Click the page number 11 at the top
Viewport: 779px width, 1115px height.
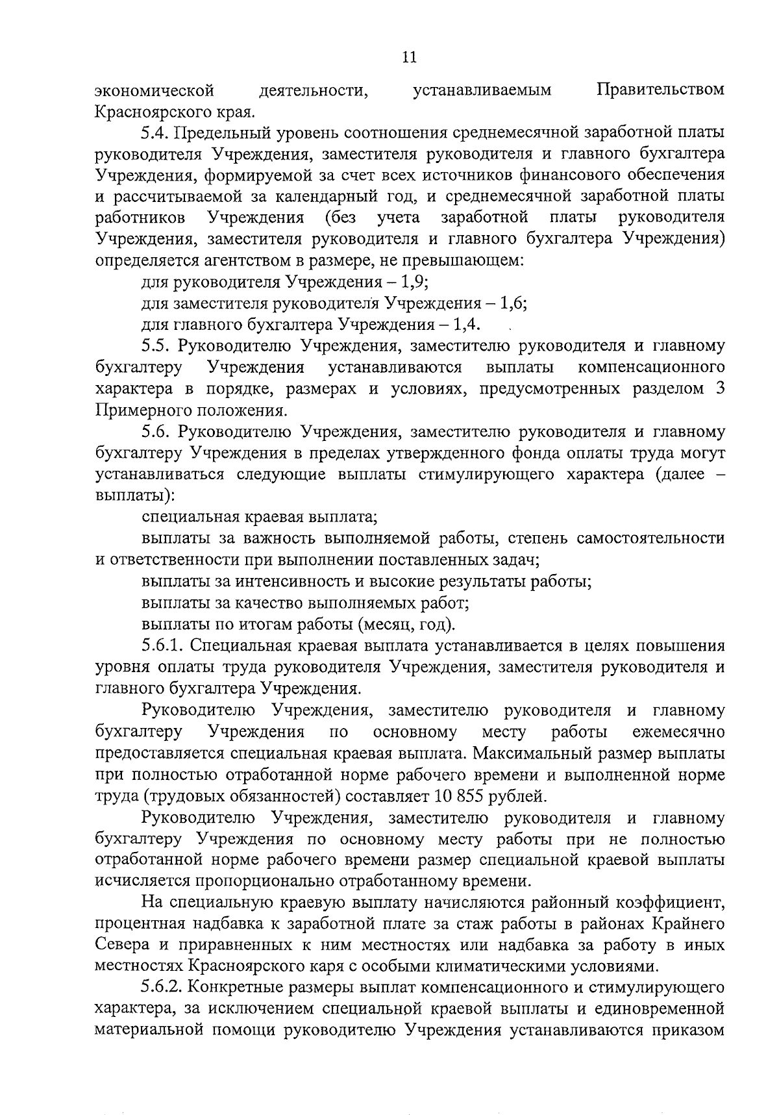409,58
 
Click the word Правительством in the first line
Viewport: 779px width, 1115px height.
660,89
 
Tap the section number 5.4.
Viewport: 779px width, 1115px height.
156,132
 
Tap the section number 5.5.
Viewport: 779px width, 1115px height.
156,346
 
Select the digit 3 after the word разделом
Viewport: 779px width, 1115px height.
720,389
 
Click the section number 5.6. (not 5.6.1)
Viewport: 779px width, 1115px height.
156,432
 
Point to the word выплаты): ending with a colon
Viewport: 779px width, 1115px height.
134,496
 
